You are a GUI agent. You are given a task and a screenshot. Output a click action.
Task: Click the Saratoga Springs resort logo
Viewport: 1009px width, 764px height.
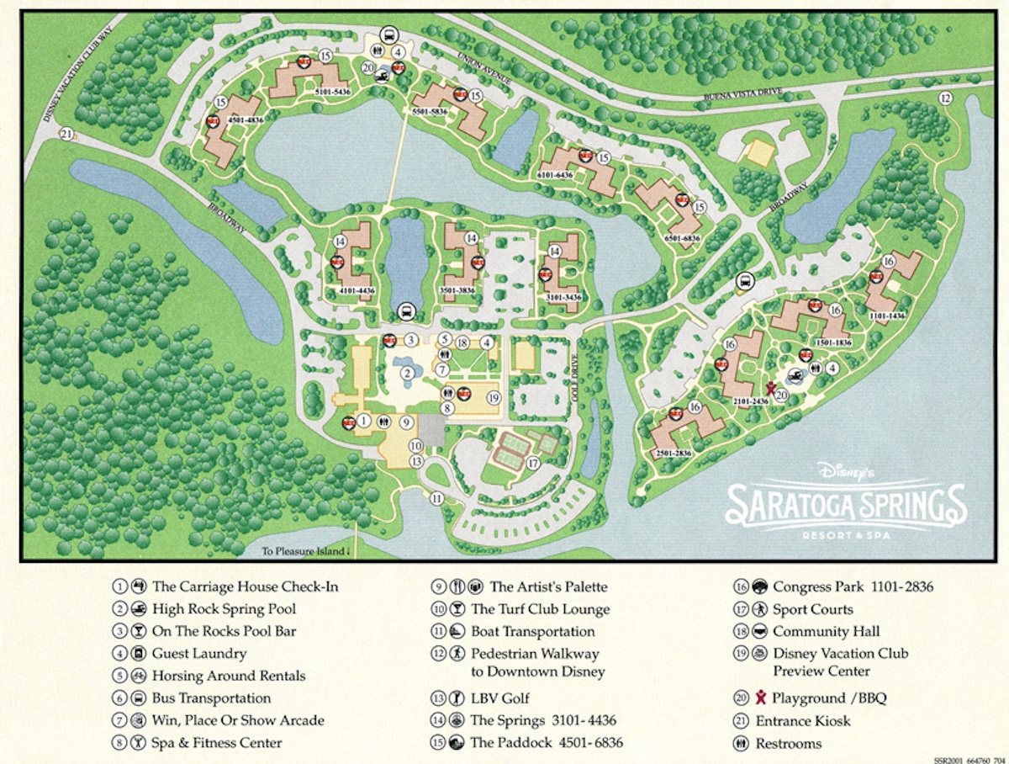[846, 503]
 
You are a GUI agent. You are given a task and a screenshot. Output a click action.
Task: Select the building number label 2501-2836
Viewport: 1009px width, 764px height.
[674, 454]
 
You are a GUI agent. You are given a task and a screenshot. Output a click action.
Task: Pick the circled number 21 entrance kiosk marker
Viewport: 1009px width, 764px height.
[66, 134]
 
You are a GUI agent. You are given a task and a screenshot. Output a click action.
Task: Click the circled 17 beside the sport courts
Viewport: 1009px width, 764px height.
[532, 463]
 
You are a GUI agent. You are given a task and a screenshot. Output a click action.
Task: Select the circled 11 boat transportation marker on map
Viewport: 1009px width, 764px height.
[436, 498]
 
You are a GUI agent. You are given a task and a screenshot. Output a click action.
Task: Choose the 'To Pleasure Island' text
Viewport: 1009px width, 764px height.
[304, 551]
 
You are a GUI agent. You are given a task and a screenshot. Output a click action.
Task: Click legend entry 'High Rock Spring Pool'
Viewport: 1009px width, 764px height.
[224, 608]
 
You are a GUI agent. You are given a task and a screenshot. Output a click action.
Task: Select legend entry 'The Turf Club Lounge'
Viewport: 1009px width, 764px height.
[540, 609]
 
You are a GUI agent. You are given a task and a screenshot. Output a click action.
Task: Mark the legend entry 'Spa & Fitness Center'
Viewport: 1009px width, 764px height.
[217, 742]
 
